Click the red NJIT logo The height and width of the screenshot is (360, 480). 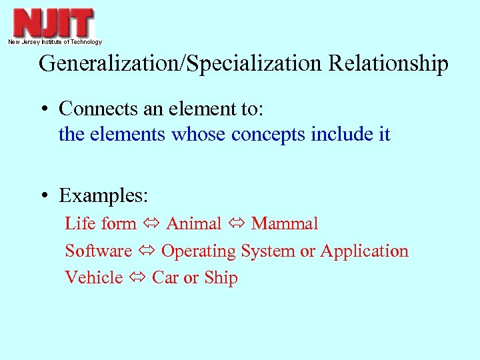click(54, 23)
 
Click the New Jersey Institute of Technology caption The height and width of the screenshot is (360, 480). click(55, 42)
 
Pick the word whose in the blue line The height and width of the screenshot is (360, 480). click(199, 134)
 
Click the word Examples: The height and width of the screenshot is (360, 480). click(103, 196)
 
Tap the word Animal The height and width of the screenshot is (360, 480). click(193, 223)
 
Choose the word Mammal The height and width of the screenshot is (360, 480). click(285, 223)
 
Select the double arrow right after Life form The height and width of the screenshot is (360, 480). click(151, 224)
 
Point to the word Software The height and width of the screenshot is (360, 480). click(99, 251)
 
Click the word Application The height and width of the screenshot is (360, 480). click(364, 251)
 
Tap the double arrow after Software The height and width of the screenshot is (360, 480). click(147, 251)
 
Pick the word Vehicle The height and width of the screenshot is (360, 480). click(94, 277)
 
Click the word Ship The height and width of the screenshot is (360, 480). click(221, 278)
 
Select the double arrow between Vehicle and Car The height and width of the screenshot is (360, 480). click(137, 278)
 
